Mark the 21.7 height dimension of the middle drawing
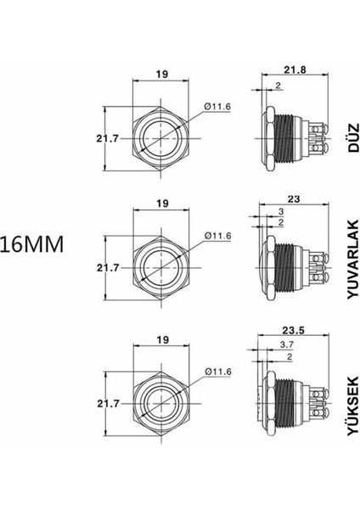[x=107, y=267]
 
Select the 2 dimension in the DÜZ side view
[x=279, y=86]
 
